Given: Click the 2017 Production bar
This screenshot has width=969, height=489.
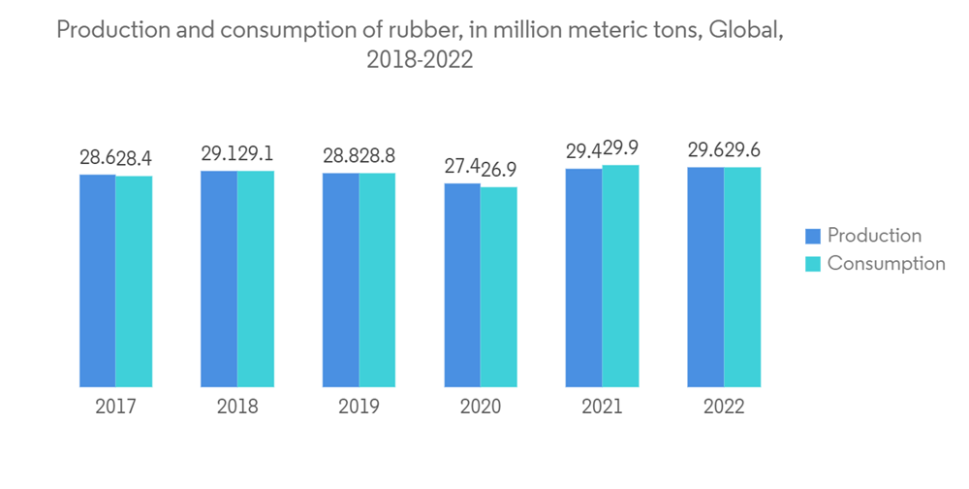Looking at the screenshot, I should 98,280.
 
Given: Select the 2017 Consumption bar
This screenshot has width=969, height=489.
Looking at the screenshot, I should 134,281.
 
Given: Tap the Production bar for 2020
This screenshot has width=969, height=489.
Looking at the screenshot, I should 462,285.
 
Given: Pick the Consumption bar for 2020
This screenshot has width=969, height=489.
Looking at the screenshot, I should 499,287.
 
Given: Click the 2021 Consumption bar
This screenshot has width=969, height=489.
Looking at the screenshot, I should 620,277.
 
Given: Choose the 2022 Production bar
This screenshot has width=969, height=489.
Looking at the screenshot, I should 705,277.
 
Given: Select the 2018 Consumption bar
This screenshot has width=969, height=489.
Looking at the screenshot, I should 256,279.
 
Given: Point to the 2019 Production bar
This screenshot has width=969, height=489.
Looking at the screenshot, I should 341,280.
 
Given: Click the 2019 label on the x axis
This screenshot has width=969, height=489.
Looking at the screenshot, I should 359,407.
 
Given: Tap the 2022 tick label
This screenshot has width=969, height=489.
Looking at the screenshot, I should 724,407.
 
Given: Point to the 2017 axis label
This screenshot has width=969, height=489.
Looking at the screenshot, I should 115,407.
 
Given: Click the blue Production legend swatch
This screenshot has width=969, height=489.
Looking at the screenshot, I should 813,236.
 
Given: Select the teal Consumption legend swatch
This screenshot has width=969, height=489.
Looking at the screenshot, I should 813,264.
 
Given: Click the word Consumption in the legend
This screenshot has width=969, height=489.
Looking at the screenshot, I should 886,264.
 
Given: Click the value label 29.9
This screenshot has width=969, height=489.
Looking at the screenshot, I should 621,149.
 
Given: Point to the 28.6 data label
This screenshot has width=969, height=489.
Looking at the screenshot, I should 97,158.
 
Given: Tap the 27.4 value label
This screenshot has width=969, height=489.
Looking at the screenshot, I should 462,167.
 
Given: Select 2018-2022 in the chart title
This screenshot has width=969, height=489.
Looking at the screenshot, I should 420,60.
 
